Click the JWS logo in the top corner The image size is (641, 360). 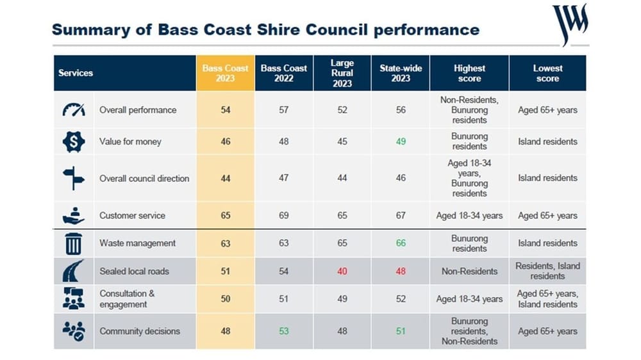click(x=570, y=23)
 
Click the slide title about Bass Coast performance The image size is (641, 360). click(x=265, y=29)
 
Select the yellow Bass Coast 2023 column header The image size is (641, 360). click(x=225, y=73)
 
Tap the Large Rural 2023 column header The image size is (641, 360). click(x=342, y=73)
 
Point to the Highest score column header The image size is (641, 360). click(x=469, y=73)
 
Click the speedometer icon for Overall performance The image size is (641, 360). click(x=74, y=110)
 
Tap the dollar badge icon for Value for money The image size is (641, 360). click(x=74, y=142)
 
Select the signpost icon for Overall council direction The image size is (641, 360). click(x=74, y=178)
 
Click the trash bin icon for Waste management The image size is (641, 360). click(x=74, y=243)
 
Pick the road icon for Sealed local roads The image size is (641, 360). click(x=74, y=271)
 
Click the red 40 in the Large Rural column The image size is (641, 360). click(x=342, y=271)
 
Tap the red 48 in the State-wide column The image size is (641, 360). click(x=401, y=271)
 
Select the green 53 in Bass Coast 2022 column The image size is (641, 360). click(x=284, y=331)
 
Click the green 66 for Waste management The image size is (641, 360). click(x=401, y=243)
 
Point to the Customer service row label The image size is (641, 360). click(x=132, y=216)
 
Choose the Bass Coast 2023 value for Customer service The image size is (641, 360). click(x=226, y=216)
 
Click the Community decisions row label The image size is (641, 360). click(x=140, y=331)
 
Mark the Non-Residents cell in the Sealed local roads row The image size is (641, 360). click(x=469, y=271)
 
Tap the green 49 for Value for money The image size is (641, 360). click(x=401, y=142)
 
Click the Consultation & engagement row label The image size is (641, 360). click(x=127, y=299)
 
